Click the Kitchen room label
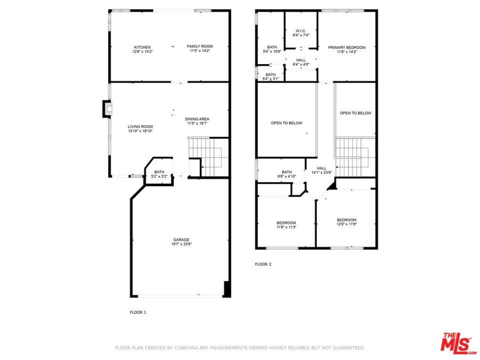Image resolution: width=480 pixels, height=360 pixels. click(142, 49)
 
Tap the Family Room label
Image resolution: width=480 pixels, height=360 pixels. click(200, 48)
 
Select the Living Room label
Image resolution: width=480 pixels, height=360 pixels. click(140, 128)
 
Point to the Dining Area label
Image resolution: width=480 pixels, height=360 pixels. click(197, 121)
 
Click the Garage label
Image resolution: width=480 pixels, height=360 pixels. click(181, 242)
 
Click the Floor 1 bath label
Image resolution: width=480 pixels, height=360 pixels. click(159, 174)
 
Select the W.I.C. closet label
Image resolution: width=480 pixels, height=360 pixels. click(301, 33)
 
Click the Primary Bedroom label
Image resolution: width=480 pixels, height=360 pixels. click(346, 50)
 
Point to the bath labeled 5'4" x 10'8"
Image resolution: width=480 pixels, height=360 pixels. click(272, 49)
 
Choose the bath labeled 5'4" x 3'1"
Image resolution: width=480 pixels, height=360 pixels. click(271, 76)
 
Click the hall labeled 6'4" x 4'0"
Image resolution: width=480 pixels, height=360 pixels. click(301, 62)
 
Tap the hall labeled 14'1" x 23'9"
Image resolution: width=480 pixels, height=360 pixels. click(322, 170)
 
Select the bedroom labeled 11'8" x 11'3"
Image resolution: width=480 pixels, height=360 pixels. click(286, 225)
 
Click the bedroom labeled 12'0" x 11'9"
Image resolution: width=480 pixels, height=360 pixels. click(346, 222)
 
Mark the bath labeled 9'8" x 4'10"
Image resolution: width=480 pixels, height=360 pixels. click(286, 174)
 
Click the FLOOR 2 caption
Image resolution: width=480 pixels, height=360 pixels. click(263, 264)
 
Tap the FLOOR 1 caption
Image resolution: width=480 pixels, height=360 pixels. click(138, 312)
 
